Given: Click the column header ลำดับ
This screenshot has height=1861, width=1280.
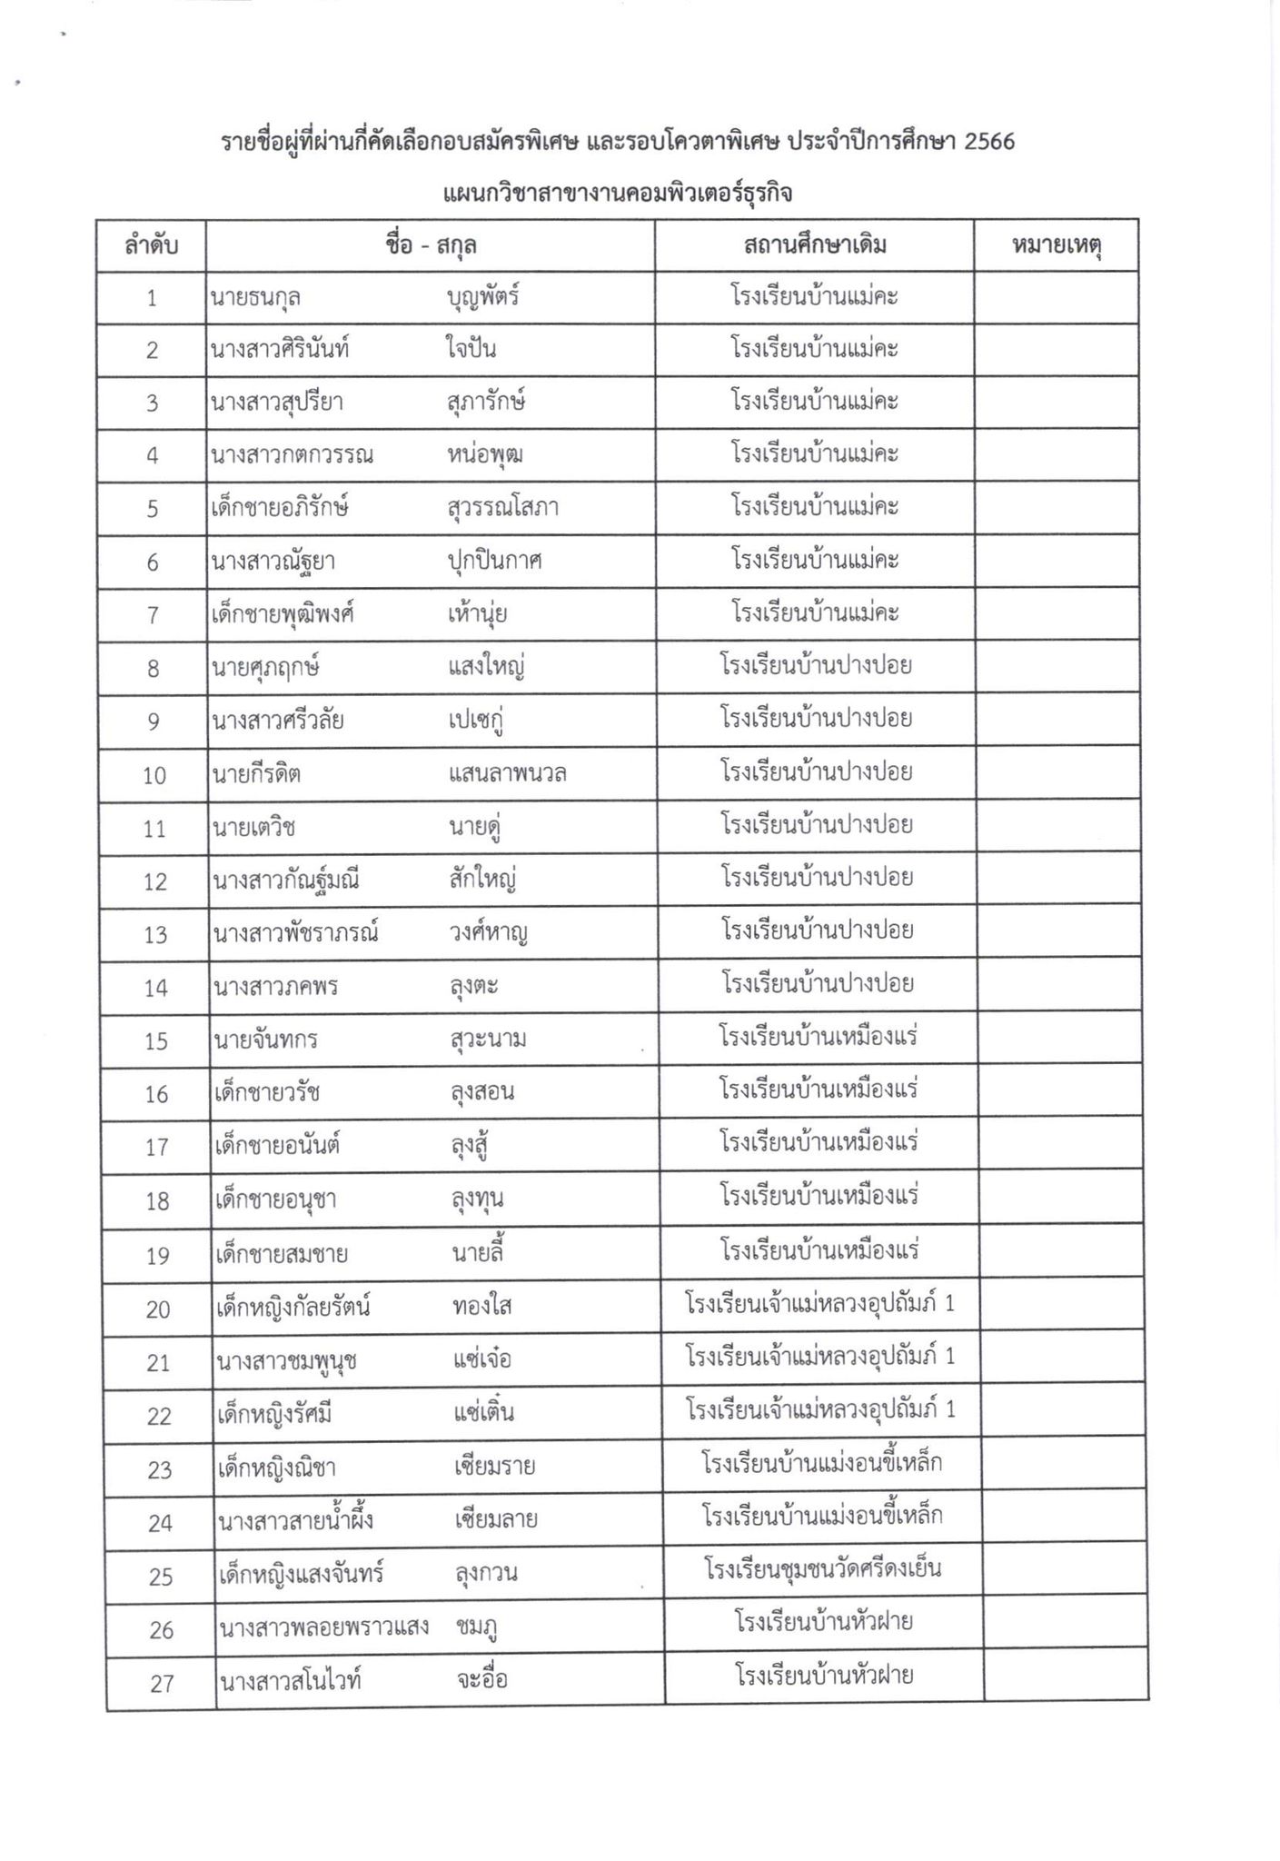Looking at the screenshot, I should click(151, 245).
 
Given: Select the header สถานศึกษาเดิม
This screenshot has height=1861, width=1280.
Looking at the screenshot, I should click(814, 245).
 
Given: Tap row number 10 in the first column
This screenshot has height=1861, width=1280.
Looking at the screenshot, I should click(154, 775).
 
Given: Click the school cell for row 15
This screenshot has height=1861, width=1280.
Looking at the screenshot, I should click(818, 1037).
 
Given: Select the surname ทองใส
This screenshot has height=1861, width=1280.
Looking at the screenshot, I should click(481, 1307).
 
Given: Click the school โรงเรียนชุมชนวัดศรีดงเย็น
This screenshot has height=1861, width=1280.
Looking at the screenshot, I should click(822, 1569).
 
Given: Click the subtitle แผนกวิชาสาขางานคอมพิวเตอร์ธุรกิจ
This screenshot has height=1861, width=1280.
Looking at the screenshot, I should click(618, 194).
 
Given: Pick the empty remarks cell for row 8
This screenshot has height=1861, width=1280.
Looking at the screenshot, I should click(1057, 667).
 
